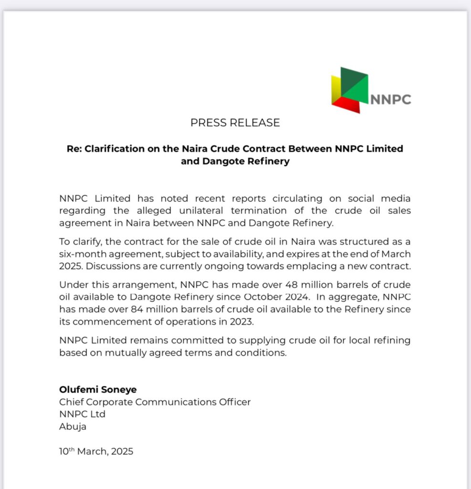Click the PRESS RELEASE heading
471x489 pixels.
tap(235, 123)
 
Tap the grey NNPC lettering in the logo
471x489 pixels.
tap(390, 99)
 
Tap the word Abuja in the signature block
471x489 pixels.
tap(73, 426)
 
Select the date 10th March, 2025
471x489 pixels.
tap(96, 451)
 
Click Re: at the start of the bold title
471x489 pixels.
tap(75, 149)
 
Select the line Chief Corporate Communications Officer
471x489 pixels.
tap(155, 402)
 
